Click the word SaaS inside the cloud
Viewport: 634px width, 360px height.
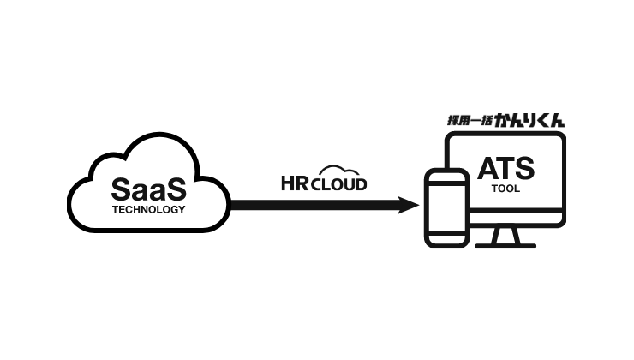click(148, 187)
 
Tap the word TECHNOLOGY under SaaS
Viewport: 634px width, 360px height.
click(148, 208)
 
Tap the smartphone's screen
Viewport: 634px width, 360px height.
click(446, 211)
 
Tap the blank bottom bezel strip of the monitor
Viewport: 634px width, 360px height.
click(514, 219)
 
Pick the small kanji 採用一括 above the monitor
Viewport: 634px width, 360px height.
click(470, 122)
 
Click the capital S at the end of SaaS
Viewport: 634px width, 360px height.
click(175, 187)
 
